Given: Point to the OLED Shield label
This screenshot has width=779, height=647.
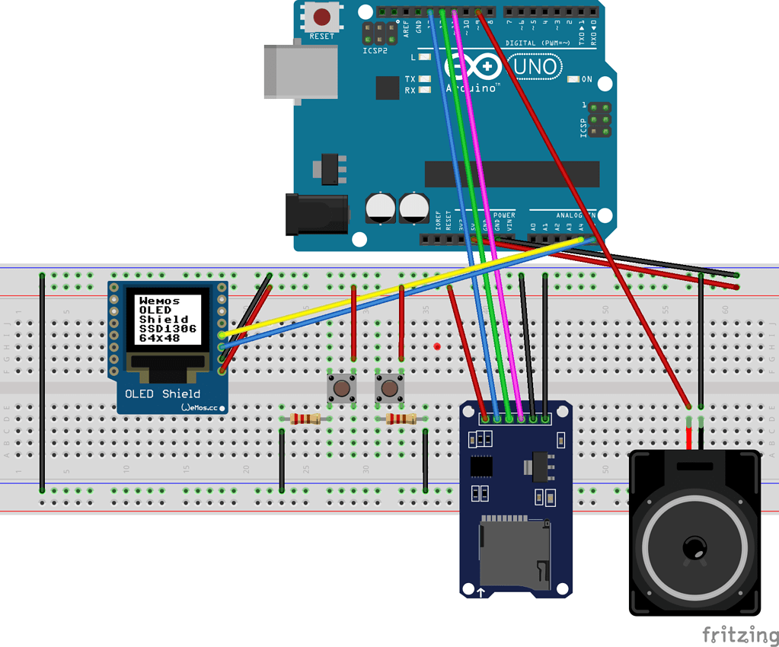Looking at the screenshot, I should tap(162, 394).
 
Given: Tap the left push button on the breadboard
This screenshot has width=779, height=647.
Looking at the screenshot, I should tap(340, 388).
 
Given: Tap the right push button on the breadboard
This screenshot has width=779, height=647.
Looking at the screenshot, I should tap(389, 388).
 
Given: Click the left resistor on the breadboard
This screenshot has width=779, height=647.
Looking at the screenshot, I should tap(305, 419).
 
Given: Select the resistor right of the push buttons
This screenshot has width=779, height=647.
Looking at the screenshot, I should tap(401, 419).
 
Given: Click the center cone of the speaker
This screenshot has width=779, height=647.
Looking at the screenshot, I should tap(694, 547).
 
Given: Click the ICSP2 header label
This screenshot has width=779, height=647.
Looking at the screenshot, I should tap(375, 51).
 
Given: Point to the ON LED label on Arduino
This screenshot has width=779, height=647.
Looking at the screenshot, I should tap(586, 79).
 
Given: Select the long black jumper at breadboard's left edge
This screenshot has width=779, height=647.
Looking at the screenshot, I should tap(42, 384).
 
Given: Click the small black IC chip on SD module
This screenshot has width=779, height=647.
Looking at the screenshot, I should tap(481, 465).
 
